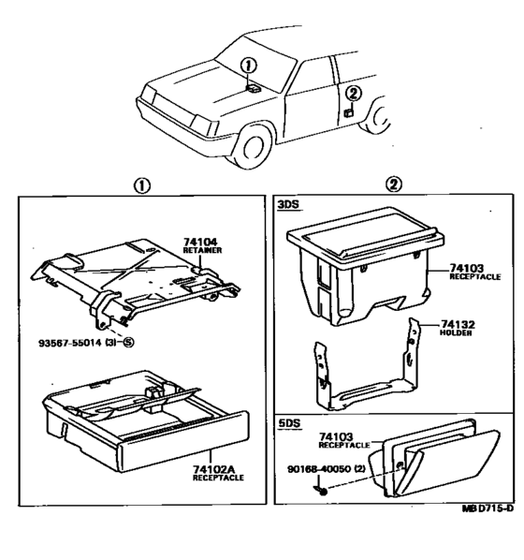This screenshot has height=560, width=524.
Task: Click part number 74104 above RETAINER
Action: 200,243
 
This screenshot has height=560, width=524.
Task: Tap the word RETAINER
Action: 202,250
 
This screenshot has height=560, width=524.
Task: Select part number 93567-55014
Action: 70,343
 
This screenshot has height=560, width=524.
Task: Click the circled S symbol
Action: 128,343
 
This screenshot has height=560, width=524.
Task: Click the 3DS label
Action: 288,205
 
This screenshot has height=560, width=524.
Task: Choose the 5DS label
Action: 289,423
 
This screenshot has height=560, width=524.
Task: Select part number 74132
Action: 458,324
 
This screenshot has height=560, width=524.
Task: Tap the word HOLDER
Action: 456,332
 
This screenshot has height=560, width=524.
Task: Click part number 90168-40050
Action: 319,468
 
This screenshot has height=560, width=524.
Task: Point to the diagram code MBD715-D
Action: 488,508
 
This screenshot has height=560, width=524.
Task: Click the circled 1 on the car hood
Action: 249,66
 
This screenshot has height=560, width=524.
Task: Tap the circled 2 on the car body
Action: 354,94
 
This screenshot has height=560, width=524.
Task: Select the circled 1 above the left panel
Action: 142,185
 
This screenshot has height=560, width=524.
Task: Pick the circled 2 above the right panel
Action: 393,184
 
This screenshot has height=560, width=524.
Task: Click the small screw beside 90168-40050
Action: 321,491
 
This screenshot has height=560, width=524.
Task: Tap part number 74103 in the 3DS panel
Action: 466,268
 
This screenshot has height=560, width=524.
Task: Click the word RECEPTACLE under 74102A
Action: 218,478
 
